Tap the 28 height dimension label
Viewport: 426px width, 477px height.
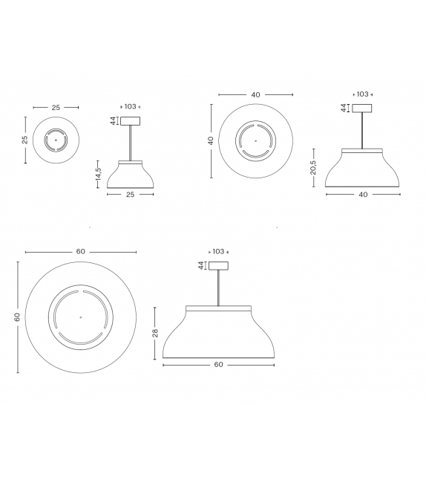coord(155,334)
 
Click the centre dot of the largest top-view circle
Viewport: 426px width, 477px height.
coord(81,317)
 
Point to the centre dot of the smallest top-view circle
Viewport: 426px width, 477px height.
coord(55,140)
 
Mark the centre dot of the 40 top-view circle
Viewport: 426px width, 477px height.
coord(255,140)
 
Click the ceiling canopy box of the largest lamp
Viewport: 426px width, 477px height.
coord(218,266)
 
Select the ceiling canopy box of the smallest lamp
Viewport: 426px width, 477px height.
coord(131,121)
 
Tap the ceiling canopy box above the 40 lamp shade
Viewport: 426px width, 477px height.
coord(362,108)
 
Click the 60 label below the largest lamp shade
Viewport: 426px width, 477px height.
coord(218,365)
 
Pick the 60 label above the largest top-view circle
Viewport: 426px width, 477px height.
coord(81,252)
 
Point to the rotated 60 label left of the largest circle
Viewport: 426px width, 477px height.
coord(16,317)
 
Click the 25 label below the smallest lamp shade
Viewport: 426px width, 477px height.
coord(131,194)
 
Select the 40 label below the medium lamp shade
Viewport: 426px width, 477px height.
coord(363,195)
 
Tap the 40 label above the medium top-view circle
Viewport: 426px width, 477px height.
coord(255,95)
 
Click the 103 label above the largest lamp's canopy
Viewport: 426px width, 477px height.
coord(218,252)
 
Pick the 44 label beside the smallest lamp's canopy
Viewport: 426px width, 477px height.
coord(113,121)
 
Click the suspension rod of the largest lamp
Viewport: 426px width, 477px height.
coord(218,288)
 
